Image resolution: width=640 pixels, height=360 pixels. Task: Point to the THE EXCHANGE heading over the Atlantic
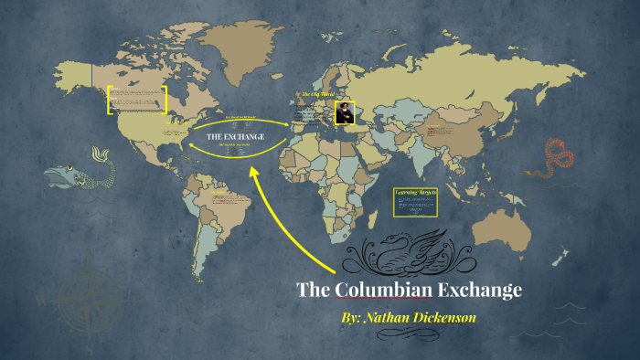pos(235,136)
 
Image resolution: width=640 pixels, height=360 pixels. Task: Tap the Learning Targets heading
pos(416,193)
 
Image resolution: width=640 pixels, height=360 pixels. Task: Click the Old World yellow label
pos(317,94)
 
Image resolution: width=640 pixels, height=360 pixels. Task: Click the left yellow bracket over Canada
pos(110,100)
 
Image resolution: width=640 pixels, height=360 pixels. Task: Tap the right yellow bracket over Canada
pos(165,100)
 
